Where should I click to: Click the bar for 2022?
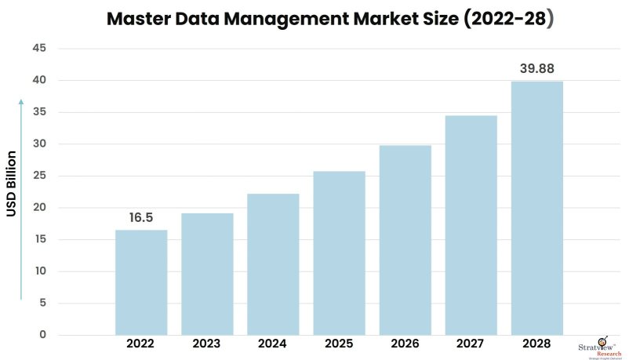(141, 282)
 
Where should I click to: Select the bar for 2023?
(207, 274)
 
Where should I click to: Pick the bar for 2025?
(339, 253)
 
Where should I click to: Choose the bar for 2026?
(405, 240)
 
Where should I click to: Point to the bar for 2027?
(471, 225)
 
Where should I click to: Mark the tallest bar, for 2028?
(537, 208)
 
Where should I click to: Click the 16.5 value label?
(141, 218)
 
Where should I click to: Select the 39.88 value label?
(537, 69)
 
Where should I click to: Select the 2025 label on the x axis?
(339, 344)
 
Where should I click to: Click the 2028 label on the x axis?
(537, 344)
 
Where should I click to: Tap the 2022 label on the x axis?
(141, 344)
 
